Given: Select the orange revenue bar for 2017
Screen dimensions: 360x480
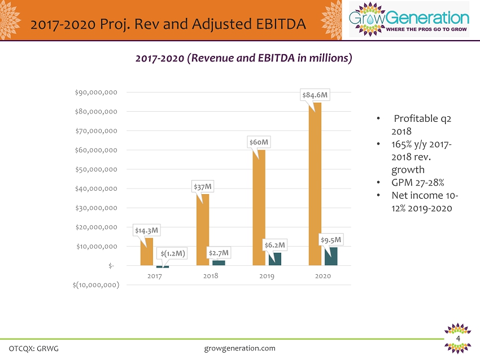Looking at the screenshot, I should pos(147,252).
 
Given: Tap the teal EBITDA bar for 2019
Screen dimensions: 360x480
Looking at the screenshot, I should pos(275,259).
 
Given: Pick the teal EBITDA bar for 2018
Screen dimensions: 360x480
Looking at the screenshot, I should pos(219,263).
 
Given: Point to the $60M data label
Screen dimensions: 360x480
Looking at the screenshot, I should pos(259,142).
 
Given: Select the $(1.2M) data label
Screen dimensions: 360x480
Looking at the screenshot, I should pos(172,253).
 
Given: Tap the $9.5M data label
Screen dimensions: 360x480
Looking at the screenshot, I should pos(331,240).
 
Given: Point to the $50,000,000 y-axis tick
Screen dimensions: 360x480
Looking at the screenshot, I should pos(97,169).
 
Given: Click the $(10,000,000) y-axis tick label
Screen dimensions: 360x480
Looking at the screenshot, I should pos(96,285).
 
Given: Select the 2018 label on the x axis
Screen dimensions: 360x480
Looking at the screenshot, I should pos(211,276).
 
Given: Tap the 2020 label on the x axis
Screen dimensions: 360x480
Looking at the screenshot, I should pos(323,276).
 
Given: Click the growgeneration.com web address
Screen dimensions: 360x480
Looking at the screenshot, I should pos(239,348).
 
